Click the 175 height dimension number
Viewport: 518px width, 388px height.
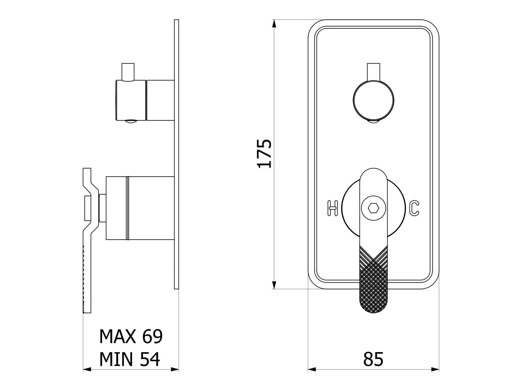[x=264, y=154]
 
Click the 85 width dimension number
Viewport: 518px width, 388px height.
[x=373, y=359]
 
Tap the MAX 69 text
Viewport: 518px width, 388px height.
[x=131, y=336]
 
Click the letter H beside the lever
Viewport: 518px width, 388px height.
[x=333, y=208]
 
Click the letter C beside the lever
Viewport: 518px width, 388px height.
[x=414, y=208]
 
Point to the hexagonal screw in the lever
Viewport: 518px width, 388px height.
[x=373, y=209]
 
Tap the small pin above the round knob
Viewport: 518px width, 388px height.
[x=373, y=72]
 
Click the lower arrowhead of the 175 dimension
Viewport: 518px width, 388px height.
[x=274, y=285]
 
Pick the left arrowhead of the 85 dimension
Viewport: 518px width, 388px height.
[x=312, y=369]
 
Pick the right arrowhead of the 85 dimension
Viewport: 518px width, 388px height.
[x=435, y=369]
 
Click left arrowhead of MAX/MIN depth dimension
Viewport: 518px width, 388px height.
[x=87, y=369]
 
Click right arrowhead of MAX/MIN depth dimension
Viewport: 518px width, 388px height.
[x=175, y=369]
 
